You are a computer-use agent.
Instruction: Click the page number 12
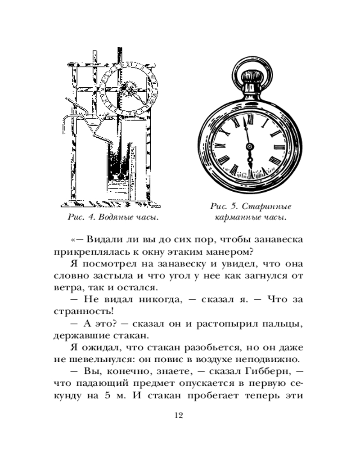click(180, 415)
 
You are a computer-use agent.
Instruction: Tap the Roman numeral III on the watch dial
click(278, 147)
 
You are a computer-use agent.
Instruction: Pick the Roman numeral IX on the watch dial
click(219, 146)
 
